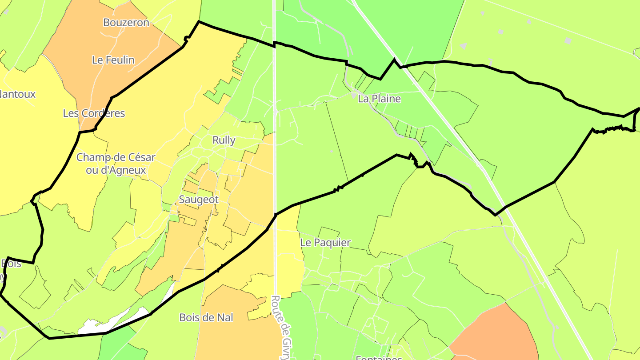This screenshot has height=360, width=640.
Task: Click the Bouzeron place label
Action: (126, 22)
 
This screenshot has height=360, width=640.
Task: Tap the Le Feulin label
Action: (113, 60)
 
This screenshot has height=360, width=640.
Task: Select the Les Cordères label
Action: (94, 113)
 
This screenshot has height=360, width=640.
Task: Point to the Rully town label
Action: (224, 140)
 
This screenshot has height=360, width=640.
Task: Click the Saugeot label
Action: (199, 200)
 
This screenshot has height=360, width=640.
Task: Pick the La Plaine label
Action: (379, 99)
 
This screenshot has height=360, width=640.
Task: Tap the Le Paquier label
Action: (325, 243)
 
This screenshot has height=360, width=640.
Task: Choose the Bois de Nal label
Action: (206, 317)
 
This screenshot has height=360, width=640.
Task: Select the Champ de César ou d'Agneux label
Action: (116, 164)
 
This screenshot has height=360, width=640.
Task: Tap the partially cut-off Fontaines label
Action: (379, 357)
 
